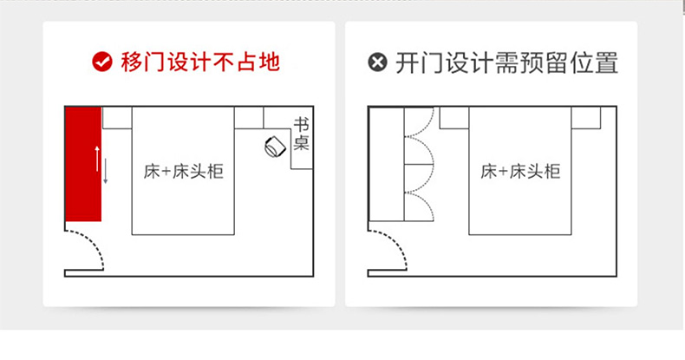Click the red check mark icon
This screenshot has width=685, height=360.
102,62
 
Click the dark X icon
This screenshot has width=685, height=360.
376,63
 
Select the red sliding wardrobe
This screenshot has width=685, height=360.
83,164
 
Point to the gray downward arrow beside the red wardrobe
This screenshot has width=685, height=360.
106,173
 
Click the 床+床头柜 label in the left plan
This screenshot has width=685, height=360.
183,171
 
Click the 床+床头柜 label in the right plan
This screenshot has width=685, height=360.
520,171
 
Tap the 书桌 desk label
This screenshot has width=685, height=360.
301,134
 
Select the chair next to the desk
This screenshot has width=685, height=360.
275,147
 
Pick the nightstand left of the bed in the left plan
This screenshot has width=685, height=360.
117,117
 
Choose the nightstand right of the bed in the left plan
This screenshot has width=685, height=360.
249,117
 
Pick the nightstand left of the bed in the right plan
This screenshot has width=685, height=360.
453,117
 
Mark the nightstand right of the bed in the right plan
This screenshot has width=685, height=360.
586,117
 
